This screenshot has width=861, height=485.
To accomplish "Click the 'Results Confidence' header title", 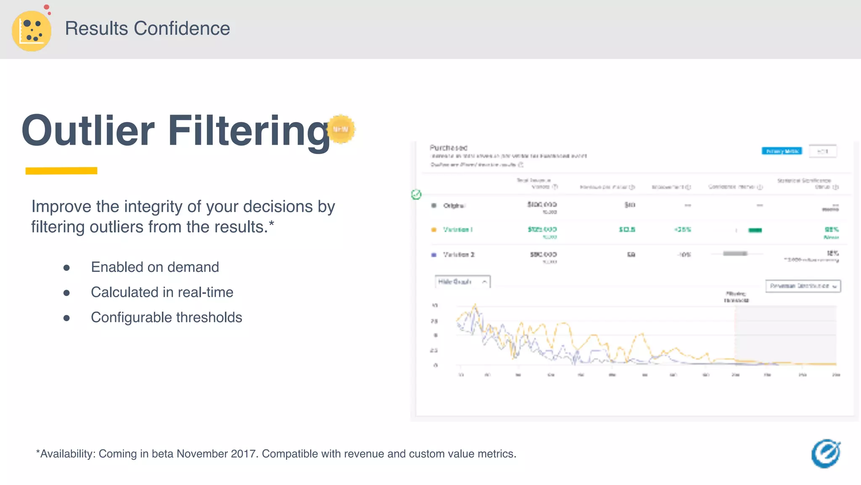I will tap(147, 29).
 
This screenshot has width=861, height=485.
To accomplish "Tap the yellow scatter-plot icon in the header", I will tap(32, 31).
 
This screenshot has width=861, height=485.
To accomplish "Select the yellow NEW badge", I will tap(341, 129).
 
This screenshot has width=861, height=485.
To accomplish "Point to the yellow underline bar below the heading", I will tap(61, 171).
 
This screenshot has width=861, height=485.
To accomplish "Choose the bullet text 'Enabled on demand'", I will tap(155, 267).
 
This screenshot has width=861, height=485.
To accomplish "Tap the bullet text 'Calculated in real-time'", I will tap(162, 292).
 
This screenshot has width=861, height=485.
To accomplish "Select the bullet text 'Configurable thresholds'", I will tap(166, 317).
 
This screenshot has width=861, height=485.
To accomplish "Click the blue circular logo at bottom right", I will tap(826, 454).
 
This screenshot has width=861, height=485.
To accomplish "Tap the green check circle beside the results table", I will tap(416, 195).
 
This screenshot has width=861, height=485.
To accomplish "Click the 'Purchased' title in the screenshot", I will tap(448, 148).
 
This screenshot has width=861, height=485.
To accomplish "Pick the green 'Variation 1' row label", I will tap(457, 229).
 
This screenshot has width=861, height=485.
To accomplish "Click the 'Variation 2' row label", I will tap(458, 255).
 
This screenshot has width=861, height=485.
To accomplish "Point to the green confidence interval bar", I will tap(755, 230).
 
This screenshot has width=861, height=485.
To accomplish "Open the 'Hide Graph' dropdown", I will tap(462, 282).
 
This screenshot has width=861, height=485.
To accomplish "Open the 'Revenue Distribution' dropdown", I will tap(803, 286).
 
